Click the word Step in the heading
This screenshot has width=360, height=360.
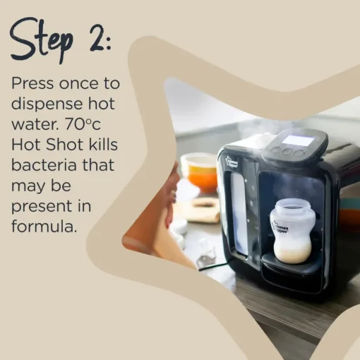click(41, 40)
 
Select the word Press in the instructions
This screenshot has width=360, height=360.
click(32, 83)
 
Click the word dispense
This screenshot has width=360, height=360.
click(48, 104)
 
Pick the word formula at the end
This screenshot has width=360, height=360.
click(44, 226)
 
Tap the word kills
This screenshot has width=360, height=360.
click(103, 144)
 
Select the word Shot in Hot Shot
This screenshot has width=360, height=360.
click(64, 144)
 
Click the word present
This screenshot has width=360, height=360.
click(41, 207)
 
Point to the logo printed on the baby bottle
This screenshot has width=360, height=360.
click(280, 227)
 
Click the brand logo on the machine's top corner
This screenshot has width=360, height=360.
click(232, 162)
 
